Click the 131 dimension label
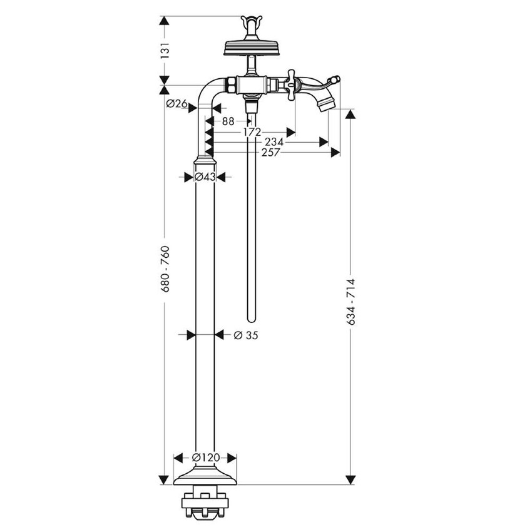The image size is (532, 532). (165, 50)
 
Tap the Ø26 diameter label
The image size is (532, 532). (177, 105)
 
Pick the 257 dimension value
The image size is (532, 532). (272, 152)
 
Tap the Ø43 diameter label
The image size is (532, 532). (205, 177)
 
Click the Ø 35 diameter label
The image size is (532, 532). (245, 335)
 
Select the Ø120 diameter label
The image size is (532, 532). (205, 458)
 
